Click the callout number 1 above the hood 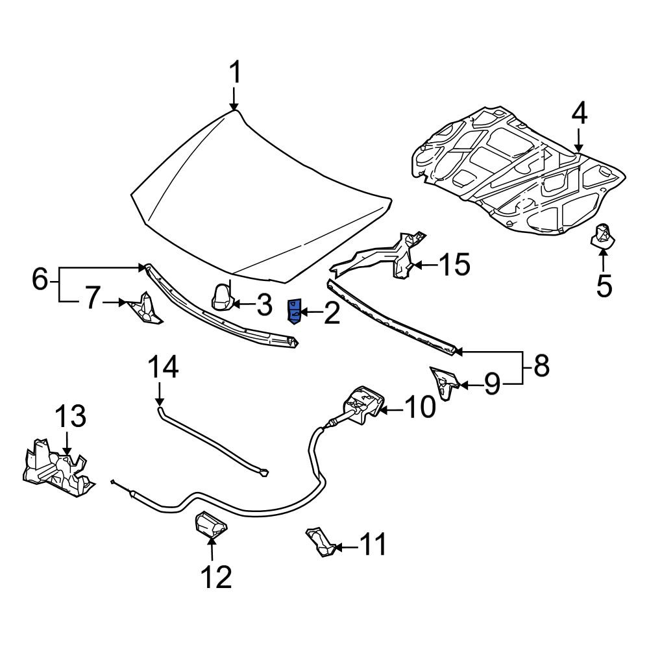click(235, 73)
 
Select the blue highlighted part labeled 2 click(294, 312)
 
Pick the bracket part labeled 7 click(145, 309)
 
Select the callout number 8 click(541, 365)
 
